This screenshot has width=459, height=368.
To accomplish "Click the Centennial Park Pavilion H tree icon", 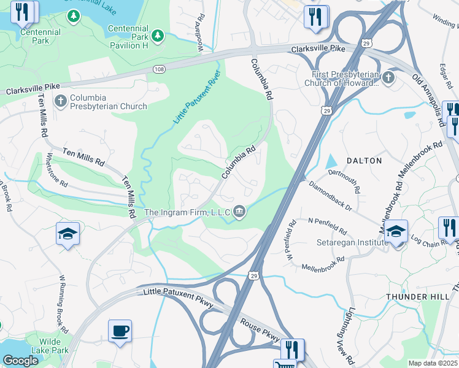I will (x=158, y=36).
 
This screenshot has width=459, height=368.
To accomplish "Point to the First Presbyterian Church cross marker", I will (x=388, y=78).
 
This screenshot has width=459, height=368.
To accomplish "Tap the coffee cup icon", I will (x=120, y=331).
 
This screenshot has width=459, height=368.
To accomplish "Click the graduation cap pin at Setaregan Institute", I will (x=396, y=231).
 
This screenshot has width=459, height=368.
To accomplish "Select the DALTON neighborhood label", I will (x=364, y=161).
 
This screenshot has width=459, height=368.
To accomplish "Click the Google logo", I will (x=20, y=361).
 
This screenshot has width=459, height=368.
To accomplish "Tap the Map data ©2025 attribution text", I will (x=433, y=363).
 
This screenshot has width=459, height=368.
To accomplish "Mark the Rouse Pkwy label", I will (x=260, y=331).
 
